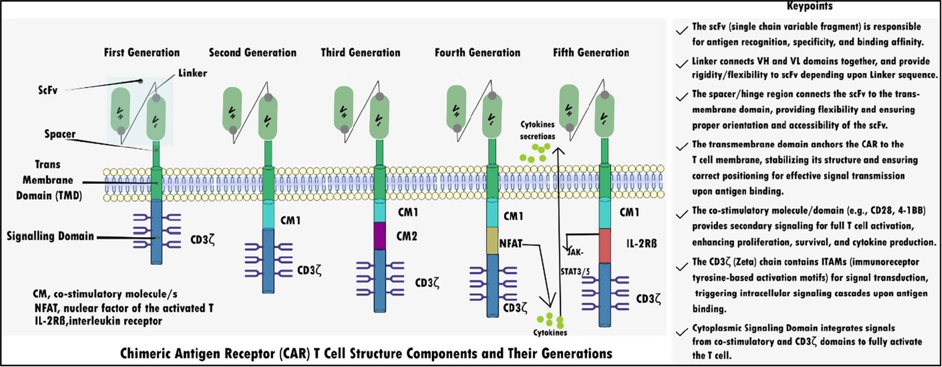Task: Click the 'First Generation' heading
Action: click(142, 52)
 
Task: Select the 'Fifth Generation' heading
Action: click(591, 52)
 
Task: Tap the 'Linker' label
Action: click(192, 73)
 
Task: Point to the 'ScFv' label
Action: click(48, 90)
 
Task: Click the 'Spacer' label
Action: click(60, 134)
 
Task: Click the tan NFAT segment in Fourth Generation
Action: click(493, 240)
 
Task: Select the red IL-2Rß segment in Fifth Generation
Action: click(605, 246)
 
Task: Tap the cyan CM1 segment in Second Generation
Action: click(268, 214)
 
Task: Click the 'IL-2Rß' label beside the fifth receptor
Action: click(642, 243)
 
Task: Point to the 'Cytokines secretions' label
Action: click(538, 131)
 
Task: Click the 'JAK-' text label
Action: click(576, 253)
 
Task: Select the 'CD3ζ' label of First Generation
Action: click(202, 240)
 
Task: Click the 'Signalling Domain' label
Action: click(50, 236)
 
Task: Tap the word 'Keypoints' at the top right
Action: click(810, 6)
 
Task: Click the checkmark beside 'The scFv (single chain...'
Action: click(681, 31)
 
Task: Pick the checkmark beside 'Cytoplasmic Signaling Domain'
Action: click(681, 333)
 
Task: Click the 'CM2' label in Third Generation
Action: click(407, 236)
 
